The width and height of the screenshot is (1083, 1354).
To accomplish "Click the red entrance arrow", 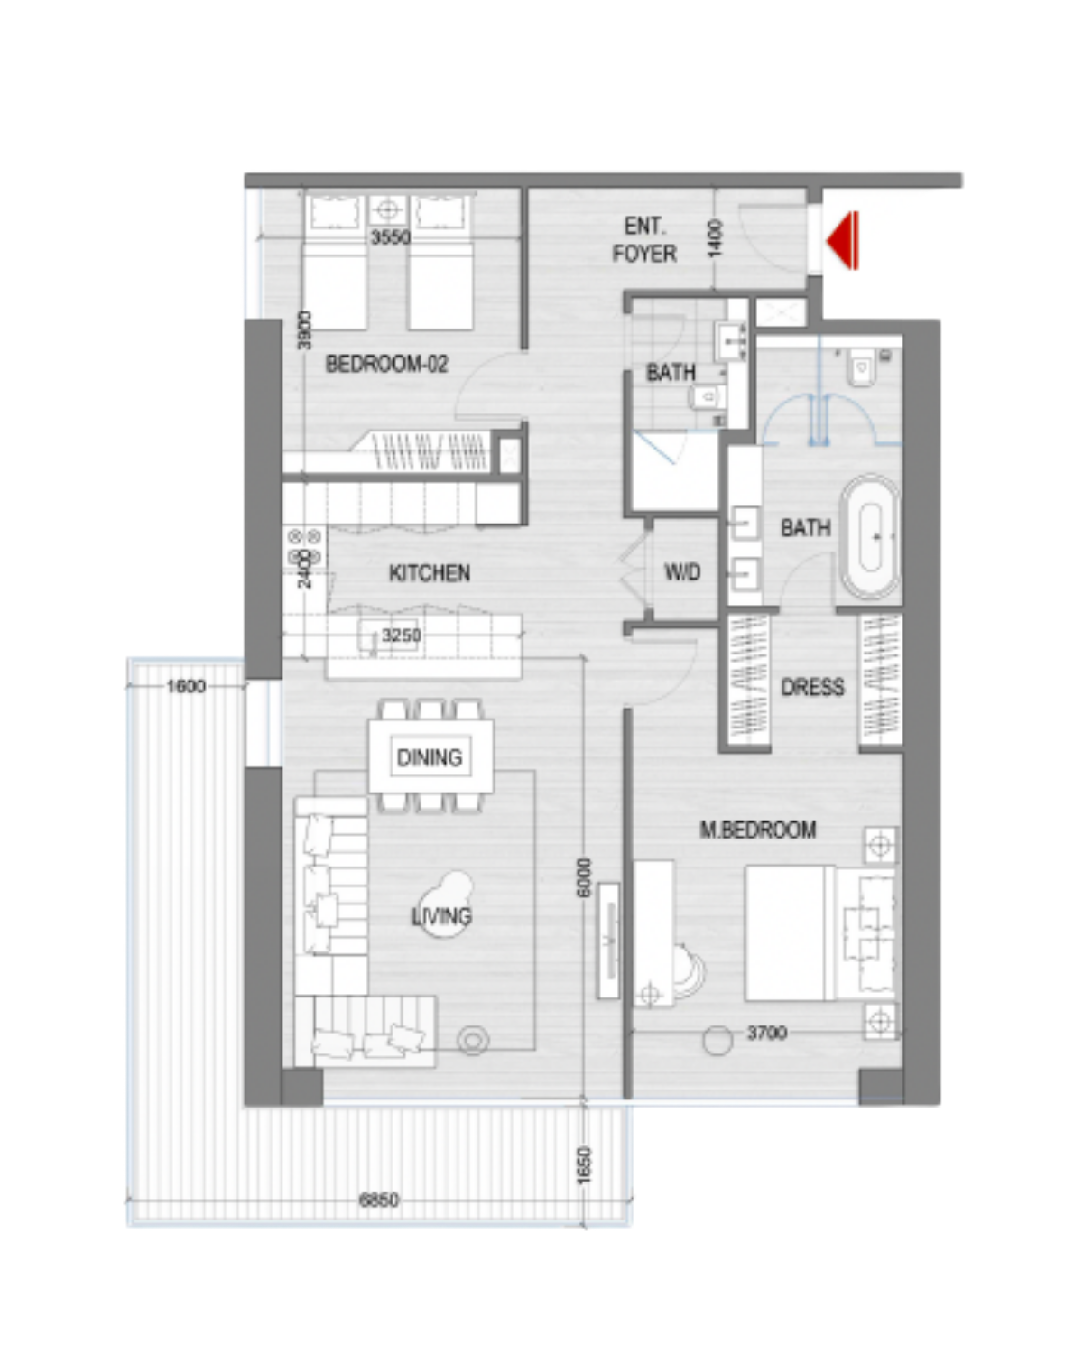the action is point(843,240).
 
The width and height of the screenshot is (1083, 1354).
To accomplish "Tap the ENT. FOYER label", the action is point(644,240).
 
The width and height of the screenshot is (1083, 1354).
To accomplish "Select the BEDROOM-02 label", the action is point(386,364).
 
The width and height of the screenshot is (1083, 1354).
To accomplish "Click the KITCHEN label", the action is point(430,572).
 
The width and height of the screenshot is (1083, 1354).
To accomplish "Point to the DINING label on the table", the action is point(430,757).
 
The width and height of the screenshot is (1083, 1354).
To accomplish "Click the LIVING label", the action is point(441,916).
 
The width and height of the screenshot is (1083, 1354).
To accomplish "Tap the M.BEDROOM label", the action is point(758,830).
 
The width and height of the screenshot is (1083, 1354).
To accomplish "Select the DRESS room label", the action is point(812,687).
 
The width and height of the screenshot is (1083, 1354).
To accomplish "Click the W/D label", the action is point(683,572).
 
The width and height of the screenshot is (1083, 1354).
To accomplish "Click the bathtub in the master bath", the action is point(870,537).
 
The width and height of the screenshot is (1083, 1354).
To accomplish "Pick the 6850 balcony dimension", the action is point(379,1200).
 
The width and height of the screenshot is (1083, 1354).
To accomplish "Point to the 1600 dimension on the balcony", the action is point(186,686).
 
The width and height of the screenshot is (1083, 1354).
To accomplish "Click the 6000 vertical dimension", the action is point(584,877).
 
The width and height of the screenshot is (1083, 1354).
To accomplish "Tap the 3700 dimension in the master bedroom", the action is point(767,1033).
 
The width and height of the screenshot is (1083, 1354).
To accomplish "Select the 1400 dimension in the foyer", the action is point(716,238).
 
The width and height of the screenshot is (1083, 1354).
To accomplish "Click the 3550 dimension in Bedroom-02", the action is point(390,237).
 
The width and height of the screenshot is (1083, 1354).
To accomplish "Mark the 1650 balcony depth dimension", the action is point(585,1165).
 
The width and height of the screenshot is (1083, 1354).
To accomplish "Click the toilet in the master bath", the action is point(861,368).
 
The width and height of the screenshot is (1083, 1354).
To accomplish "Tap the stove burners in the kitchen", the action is point(304,546).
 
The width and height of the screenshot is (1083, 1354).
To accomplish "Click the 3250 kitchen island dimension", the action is point(401,635).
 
